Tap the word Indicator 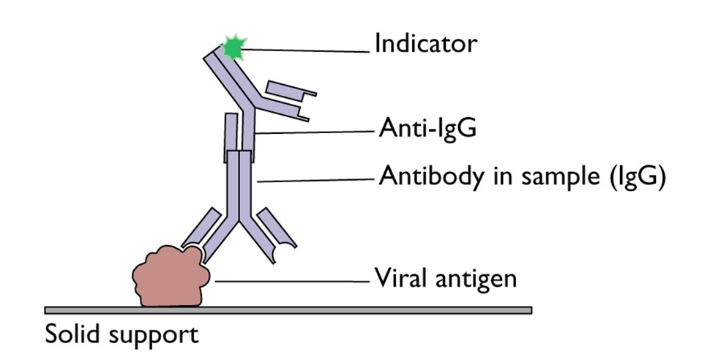[425, 44]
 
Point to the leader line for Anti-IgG [315, 132]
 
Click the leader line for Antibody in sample [315, 178]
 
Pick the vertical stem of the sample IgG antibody [240, 183]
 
